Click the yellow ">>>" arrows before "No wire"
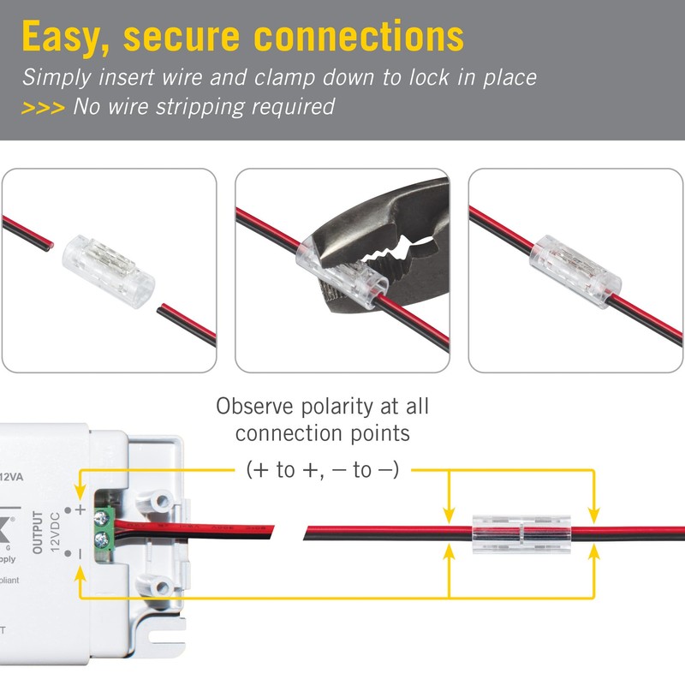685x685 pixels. pyautogui.click(x=42, y=108)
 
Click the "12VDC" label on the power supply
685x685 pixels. pyautogui.click(x=55, y=533)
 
